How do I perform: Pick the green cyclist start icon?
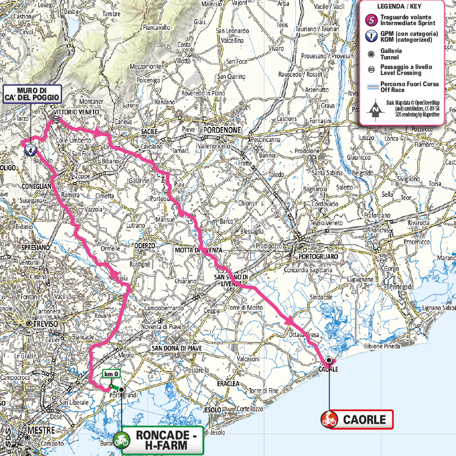(x=121, y=440)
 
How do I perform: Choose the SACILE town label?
(x=149, y=131)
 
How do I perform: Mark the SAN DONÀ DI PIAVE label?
(x=177, y=348)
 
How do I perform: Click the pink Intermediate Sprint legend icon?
(x=369, y=20)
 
